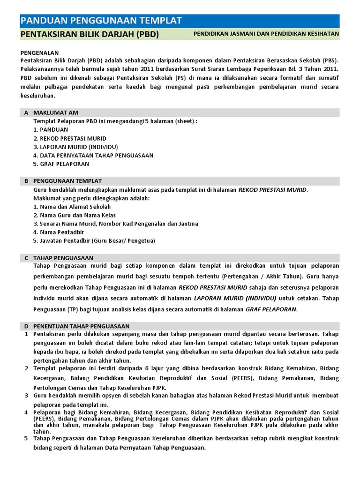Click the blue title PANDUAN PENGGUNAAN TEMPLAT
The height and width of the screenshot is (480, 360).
pyautogui.click(x=101, y=20)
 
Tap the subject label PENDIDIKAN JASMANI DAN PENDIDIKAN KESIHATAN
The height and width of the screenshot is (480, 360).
pyautogui.click(x=266, y=34)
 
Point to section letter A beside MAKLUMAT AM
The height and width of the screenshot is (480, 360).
pyautogui.click(x=26, y=112)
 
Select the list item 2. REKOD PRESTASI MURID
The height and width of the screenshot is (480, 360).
pyautogui.click(x=70, y=138)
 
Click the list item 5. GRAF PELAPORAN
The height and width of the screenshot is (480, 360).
pyautogui.click(x=61, y=164)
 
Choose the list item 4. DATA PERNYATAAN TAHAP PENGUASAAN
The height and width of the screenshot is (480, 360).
pyautogui.click(x=93, y=155)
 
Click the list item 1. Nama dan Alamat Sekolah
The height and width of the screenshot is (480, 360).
pyautogui.click(x=72, y=207)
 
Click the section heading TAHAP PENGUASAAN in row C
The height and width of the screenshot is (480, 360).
pyautogui.click(x=63, y=258)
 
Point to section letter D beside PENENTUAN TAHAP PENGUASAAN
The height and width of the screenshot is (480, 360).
pyautogui.click(x=26, y=326)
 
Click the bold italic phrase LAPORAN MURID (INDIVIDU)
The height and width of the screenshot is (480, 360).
pyautogui.click(x=235, y=299)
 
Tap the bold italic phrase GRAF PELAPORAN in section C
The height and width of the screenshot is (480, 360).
pyautogui.click(x=271, y=309)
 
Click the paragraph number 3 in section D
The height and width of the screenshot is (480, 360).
pyautogui.click(x=26, y=396)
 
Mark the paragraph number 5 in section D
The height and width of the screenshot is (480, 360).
pyautogui.click(x=26, y=438)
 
